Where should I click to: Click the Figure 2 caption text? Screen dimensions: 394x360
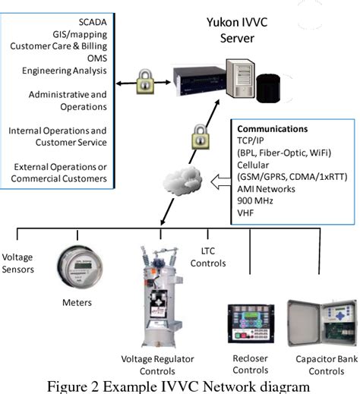pos(179,385)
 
